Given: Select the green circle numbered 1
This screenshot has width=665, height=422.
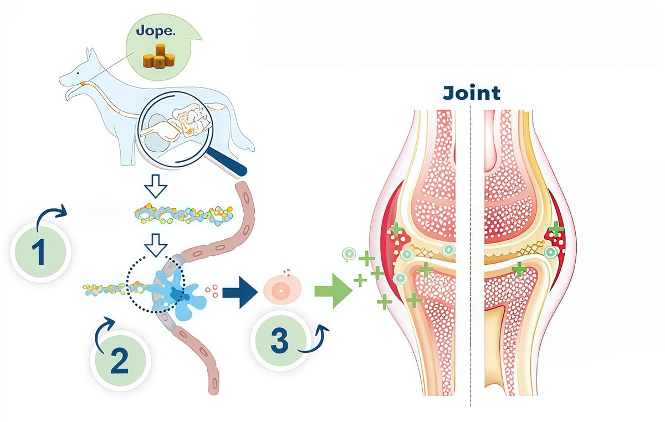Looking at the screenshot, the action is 40,251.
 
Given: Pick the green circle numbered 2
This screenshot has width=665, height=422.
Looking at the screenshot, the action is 120,361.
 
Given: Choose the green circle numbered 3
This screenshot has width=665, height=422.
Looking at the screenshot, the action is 280,341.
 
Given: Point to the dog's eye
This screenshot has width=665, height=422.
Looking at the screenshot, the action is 78,74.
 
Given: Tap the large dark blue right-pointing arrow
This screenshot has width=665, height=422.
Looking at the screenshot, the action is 240,292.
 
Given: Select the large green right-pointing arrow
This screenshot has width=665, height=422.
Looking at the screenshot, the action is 333,291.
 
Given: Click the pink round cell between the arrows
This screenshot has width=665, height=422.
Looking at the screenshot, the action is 282,289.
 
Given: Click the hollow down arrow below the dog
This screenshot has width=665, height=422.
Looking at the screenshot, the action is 156,186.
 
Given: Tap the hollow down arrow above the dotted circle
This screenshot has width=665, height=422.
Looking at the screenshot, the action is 156,245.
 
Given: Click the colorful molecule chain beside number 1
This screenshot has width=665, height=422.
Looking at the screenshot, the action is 183,214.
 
